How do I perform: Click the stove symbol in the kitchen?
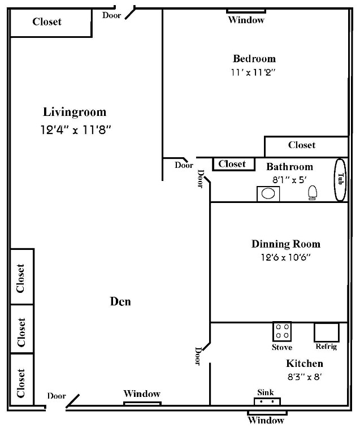click(282, 331)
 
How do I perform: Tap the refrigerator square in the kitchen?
click(326, 332)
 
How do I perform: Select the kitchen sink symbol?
click(267, 402)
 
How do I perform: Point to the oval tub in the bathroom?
click(341, 179)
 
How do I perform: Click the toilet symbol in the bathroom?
click(312, 193)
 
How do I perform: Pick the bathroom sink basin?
click(268, 194)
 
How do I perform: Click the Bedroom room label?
click(254, 59)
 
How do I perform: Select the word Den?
click(120, 301)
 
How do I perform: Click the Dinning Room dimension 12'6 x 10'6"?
click(285, 257)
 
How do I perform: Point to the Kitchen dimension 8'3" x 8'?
click(304, 375)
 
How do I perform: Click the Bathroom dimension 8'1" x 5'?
click(289, 179)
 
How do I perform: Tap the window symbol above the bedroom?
click(246, 10)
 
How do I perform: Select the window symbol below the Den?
click(142, 403)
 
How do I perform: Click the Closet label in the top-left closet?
click(47, 22)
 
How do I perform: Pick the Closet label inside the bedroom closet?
click(302, 145)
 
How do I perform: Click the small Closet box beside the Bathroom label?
click(232, 164)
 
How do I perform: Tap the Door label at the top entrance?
click(111, 15)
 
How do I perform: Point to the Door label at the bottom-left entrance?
click(56, 396)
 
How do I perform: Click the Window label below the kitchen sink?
click(266, 420)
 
